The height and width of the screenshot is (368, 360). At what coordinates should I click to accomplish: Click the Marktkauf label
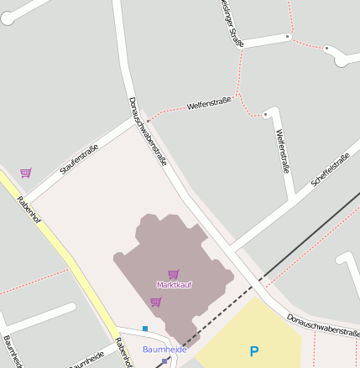[x=174, y=285]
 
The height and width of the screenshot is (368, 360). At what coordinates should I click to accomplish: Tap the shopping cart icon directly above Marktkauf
[x=173, y=274]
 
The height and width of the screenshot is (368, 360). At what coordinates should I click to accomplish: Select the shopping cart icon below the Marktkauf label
[x=155, y=302]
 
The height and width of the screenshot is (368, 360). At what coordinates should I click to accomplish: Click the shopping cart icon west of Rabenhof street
[x=26, y=173]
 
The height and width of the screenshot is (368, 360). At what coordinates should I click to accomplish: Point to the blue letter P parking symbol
[x=254, y=352]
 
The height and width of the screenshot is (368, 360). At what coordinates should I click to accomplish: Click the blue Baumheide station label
[x=164, y=349]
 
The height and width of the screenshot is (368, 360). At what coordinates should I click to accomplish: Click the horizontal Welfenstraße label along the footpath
[x=209, y=104]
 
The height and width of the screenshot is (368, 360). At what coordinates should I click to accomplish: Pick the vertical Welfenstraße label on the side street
[x=283, y=151]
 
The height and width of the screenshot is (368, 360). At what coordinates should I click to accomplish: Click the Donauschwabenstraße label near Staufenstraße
[x=148, y=131]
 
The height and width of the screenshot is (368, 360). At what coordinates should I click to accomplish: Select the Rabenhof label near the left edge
[x=29, y=215]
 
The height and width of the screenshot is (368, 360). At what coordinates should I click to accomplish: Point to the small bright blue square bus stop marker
[x=145, y=328]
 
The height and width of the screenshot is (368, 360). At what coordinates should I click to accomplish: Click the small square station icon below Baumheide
[x=164, y=360]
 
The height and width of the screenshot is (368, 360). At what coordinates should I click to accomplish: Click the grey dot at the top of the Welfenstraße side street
[x=265, y=114]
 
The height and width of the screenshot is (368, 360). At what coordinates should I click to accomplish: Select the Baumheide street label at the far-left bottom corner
[x=13, y=351]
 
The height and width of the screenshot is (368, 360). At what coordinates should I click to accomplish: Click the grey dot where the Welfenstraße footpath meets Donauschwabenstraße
[x=149, y=122]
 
